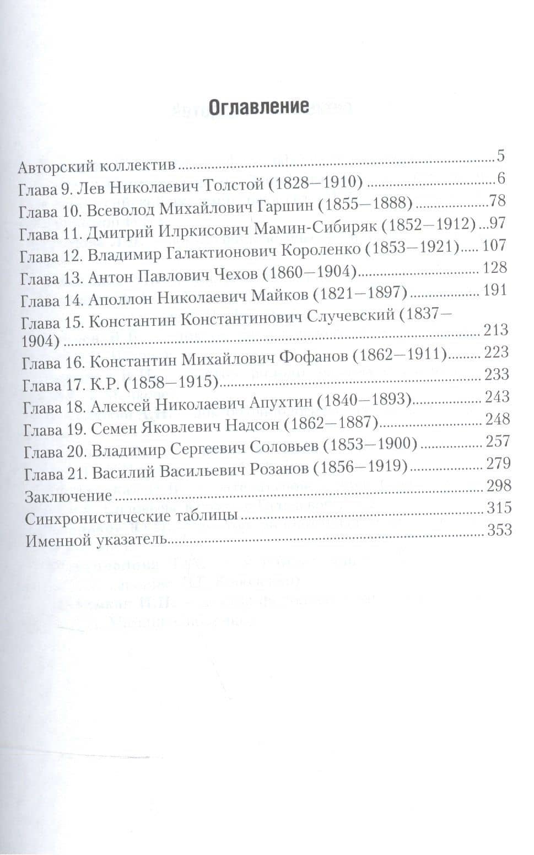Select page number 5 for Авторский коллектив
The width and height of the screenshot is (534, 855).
500,156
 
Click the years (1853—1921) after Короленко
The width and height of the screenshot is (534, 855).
412,249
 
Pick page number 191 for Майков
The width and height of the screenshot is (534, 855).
494,291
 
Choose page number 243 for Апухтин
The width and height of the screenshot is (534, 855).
498,397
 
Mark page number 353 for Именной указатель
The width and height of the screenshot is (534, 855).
500,530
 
